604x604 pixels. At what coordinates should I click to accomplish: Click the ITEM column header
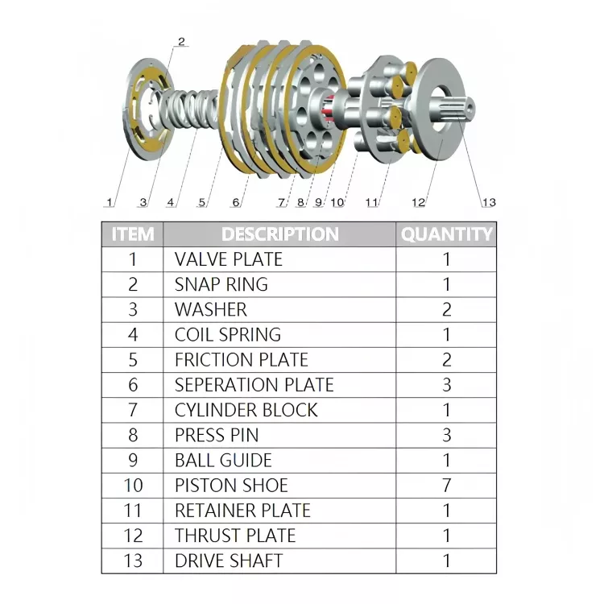pos(132,234)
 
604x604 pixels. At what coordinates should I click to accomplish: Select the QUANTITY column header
pos(446,234)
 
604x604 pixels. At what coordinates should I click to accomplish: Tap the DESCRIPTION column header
pos(279,234)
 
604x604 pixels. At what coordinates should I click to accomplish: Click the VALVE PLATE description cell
pos(229,259)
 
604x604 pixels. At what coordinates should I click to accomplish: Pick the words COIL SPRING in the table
pos(228,334)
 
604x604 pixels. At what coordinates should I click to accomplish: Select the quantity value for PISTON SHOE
pos(446,485)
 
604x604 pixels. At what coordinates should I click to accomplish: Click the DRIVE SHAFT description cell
pos(229,561)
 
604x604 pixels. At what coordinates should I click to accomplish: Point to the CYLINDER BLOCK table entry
pos(246,410)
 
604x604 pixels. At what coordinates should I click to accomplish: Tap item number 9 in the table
pos(133,460)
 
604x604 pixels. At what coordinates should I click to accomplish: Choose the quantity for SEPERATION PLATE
pos(446,385)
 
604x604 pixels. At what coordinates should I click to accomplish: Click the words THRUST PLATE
pos(235,536)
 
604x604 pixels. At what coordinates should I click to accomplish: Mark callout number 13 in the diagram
pos(489,202)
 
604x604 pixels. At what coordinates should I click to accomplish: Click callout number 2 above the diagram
pos(181,42)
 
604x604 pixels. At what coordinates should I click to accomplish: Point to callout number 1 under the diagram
pos(109,202)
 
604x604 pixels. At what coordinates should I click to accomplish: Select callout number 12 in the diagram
pos(418,202)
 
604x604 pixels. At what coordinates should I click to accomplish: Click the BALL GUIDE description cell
pos(223,460)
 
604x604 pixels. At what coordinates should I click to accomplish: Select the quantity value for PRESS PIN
pos(446,435)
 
